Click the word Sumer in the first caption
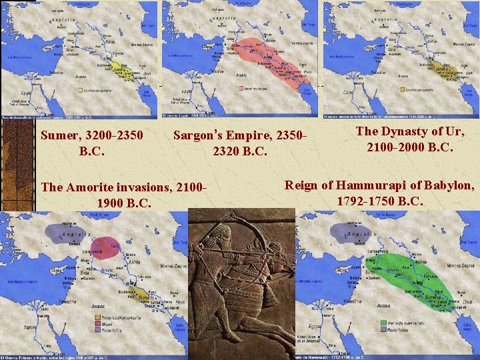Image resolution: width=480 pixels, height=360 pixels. [x=59, y=135]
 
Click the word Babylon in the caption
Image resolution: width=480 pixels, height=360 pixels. [x=449, y=185]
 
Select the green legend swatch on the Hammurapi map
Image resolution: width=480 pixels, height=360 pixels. [x=383, y=321]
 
